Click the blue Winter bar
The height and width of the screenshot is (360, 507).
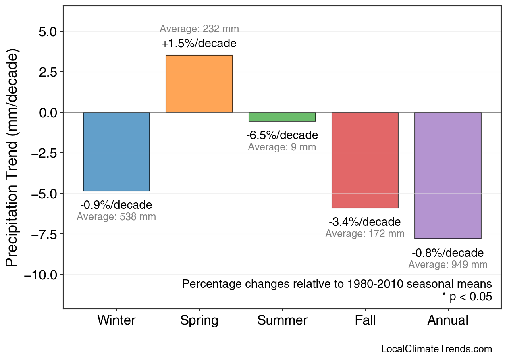click(116, 152)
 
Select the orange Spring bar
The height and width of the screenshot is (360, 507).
click(199, 84)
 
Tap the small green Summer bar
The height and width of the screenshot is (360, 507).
click(282, 117)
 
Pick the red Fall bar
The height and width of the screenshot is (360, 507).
click(365, 160)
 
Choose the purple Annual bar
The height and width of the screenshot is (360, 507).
click(448, 175)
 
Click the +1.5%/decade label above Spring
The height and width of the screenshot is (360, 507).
click(199, 44)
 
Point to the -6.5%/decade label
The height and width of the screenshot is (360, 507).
click(282, 135)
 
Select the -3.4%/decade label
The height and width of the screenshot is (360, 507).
click(365, 222)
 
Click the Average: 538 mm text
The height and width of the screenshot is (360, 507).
click(116, 217)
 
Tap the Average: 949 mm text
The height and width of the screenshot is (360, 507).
click(448, 265)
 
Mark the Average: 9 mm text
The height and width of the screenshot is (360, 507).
click(282, 147)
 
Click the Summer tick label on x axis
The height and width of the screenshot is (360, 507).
click(282, 320)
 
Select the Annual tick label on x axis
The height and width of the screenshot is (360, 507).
click(448, 320)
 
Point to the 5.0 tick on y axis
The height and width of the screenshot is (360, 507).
click(49, 32)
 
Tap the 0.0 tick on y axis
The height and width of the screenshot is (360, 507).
click(49, 112)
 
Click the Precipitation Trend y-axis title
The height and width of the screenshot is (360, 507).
click(13, 158)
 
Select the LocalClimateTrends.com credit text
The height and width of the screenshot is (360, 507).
click(436, 349)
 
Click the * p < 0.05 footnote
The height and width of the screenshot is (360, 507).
click(467, 297)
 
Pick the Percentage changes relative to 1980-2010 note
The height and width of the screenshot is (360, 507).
click(337, 284)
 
